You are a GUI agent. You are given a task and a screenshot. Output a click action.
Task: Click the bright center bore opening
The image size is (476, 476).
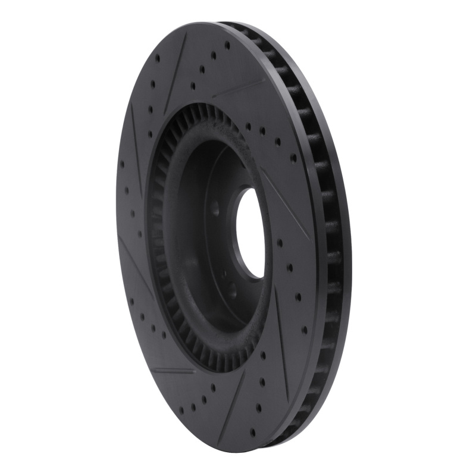[x=250, y=232]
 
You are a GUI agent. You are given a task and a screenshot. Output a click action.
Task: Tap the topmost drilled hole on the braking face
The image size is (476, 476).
[x=227, y=44]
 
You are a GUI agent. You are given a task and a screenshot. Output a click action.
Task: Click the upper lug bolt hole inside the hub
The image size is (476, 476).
[x=215, y=209]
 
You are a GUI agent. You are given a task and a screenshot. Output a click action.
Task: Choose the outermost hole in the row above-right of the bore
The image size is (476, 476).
[x=293, y=158]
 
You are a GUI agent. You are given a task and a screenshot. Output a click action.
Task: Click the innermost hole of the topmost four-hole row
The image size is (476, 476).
[x=201, y=70]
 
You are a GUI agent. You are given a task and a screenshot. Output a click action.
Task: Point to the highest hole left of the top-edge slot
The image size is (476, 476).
[x=157, y=58]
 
